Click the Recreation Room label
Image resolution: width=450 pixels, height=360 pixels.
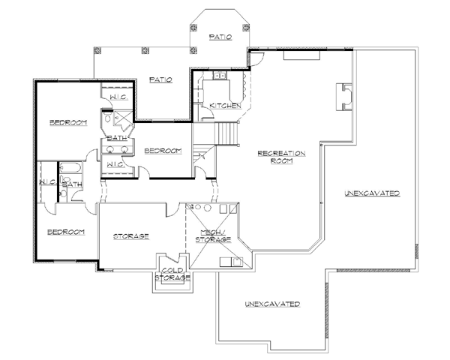point(281,157)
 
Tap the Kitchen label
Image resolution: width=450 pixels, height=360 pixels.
point(226,106)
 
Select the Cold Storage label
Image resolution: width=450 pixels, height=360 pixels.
point(172,274)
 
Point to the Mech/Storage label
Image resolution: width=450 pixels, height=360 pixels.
point(213,236)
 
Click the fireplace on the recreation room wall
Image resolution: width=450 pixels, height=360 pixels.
point(344,97)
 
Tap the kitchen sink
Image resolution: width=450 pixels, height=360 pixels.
point(220,76)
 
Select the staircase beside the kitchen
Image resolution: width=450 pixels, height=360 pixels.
point(227,134)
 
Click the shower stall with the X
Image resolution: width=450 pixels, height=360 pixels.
point(123,118)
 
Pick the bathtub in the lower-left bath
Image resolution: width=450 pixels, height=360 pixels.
point(70,168)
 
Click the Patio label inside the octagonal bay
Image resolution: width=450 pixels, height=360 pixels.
point(220,37)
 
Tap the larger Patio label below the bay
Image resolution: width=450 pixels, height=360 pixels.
point(160,79)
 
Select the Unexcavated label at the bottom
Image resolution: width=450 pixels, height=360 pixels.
point(273,304)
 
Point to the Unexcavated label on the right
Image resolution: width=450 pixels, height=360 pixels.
point(372,193)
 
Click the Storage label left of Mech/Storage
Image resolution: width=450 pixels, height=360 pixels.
point(131,236)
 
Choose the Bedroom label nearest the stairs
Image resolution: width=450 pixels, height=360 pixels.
point(163,151)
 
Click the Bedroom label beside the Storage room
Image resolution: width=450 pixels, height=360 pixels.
point(66,232)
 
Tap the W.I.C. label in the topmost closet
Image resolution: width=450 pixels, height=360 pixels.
point(118,97)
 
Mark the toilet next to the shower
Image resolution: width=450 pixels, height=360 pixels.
point(107,118)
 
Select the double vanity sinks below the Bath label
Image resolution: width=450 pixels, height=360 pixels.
point(117,149)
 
